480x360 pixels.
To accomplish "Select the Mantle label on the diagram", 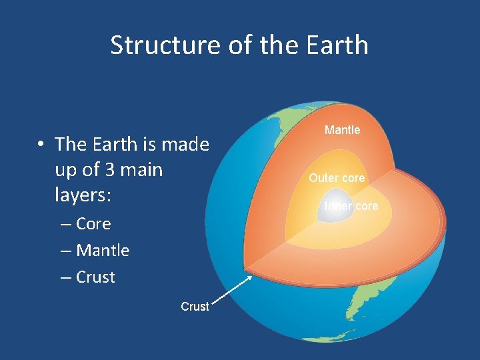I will coord(342,130).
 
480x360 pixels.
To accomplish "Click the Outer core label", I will coord(337,178).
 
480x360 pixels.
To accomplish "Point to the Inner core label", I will coord(351,206).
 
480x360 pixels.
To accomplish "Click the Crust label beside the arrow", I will coord(195,307).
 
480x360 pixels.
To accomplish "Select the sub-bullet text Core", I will coord(93,224).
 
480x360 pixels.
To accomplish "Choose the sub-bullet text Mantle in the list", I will coord(103,251).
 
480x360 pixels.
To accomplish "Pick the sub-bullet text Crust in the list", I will coord(95,277).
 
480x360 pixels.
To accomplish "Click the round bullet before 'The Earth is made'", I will coord(41,145).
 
